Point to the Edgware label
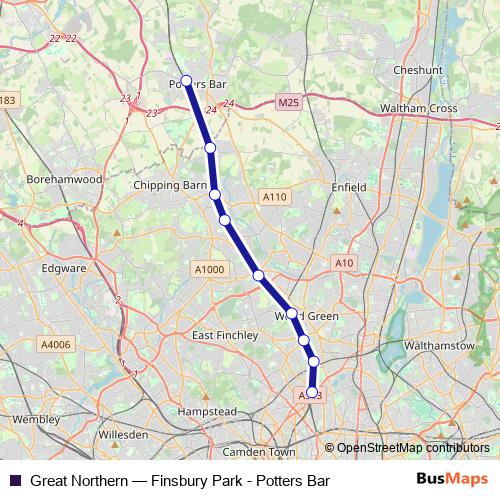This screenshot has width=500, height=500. coord(65,268)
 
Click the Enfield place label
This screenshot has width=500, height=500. coord(349,187)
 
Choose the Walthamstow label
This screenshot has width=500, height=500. coord(439,345)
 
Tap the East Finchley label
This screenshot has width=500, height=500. coord(224,335)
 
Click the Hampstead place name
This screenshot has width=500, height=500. coord(205,411)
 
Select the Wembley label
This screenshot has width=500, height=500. coord(36,419)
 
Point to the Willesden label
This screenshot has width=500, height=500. coord(124,436)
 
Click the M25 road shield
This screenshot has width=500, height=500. coord(290,102)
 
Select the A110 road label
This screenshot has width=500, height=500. coord(275,197)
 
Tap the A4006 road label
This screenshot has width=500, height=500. coord(57,345)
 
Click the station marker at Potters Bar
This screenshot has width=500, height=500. coord(186,81)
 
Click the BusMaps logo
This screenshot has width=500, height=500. coord(452,480)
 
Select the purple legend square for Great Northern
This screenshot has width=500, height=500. coord(15,481)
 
